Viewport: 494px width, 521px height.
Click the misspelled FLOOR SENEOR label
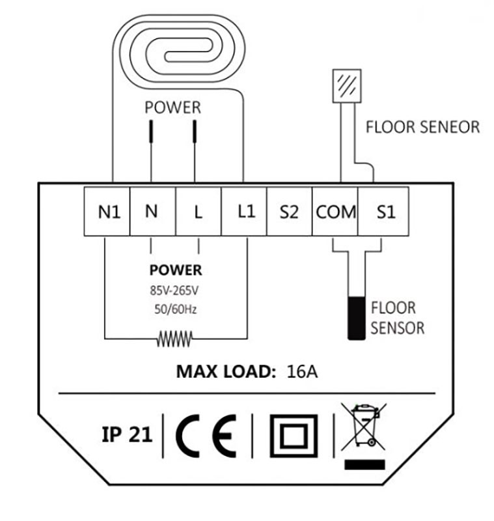click(x=422, y=126)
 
